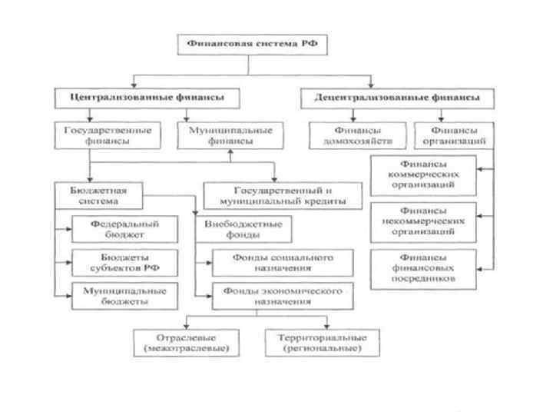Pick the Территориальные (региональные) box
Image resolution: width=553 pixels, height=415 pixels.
316,343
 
